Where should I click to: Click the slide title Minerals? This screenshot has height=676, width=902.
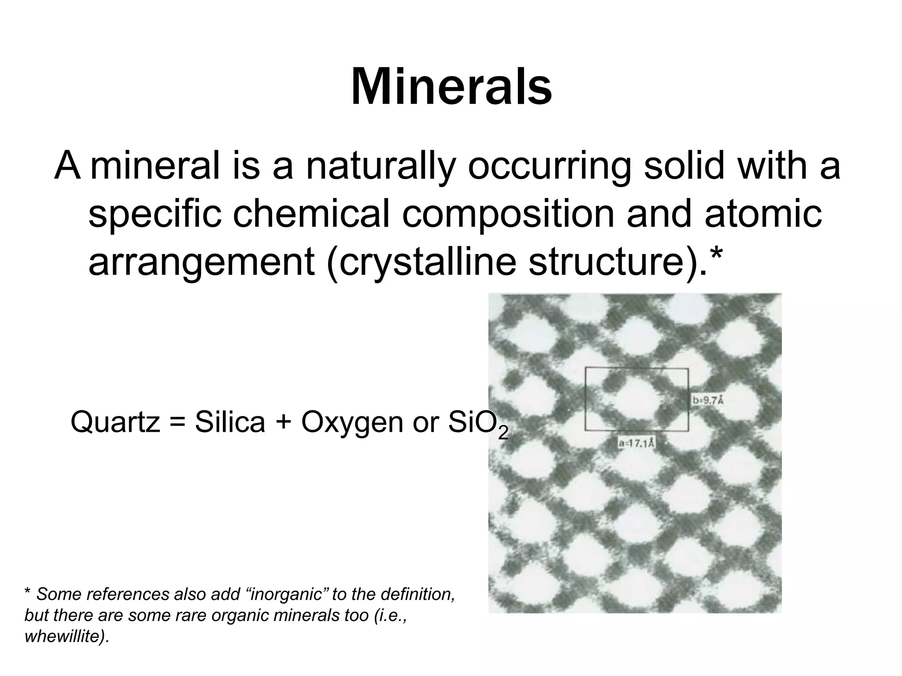(451, 86)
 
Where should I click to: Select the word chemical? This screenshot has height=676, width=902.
(311, 214)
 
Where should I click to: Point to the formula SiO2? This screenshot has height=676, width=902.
(478, 423)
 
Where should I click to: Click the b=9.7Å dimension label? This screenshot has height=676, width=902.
(708, 400)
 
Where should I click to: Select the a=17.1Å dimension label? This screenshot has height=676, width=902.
(636, 443)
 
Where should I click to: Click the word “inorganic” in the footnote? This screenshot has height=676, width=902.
(286, 595)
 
